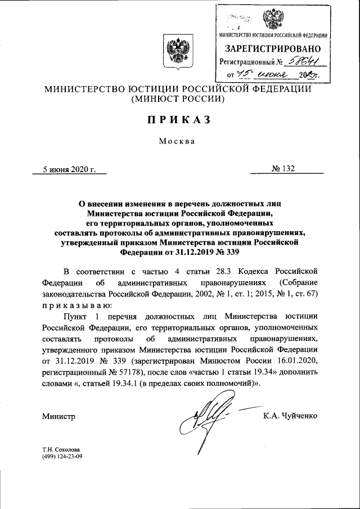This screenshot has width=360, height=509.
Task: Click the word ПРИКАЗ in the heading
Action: coord(179,119)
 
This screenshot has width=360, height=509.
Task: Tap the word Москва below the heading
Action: coord(177,141)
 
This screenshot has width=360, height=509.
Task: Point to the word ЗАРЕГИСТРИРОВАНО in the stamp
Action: coord(273,48)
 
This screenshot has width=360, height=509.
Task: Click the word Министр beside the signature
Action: coord(58,416)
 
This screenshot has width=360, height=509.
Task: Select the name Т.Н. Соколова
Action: coord(61,449)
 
